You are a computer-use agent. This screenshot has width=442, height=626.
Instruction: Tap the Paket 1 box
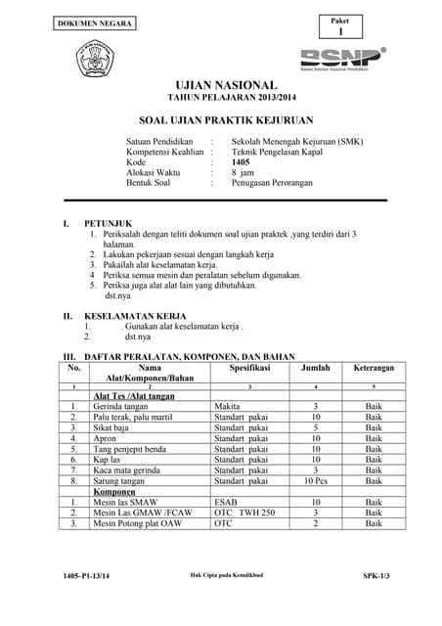[x=339, y=26]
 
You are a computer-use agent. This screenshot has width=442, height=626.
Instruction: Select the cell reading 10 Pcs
[x=316, y=480]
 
